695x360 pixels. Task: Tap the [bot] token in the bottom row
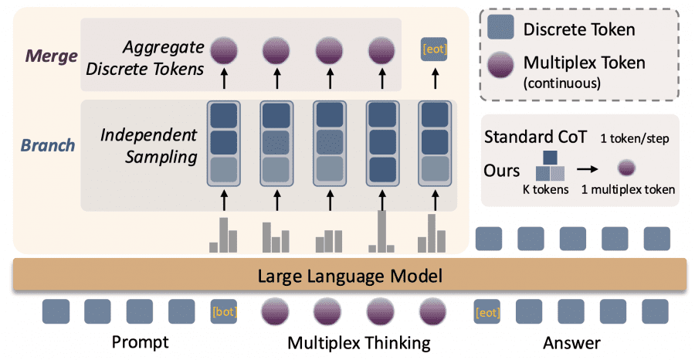point(224,312)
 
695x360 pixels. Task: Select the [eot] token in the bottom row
point(486,312)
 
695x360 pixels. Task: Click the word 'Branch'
point(49,145)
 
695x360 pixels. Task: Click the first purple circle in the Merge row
point(224,51)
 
